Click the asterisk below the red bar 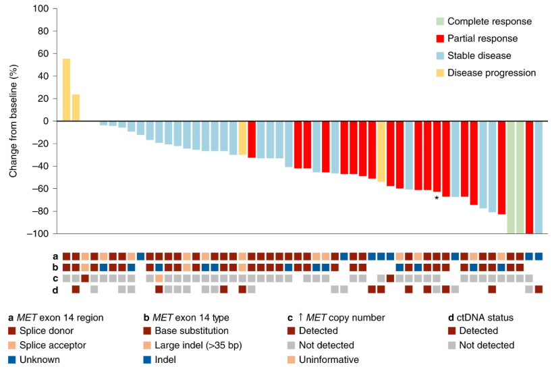437,198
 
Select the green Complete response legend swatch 440,22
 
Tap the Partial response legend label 482,38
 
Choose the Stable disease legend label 479,55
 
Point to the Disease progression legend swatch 440,72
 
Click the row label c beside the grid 55,278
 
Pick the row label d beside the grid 55,289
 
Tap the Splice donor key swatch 11,331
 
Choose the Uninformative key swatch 291,360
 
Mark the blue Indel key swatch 146,360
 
